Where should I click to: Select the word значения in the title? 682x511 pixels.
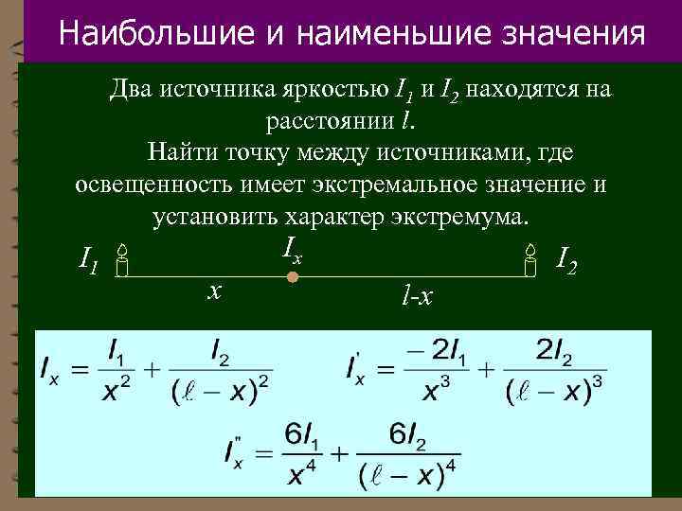coord(580,34)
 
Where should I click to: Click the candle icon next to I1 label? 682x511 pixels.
coord(122,260)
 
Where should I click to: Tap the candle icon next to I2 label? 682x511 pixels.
coord(530,258)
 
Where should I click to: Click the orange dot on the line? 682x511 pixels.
coord(293,278)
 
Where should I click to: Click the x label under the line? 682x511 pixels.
coord(215,291)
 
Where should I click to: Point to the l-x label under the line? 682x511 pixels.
coord(416,297)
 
